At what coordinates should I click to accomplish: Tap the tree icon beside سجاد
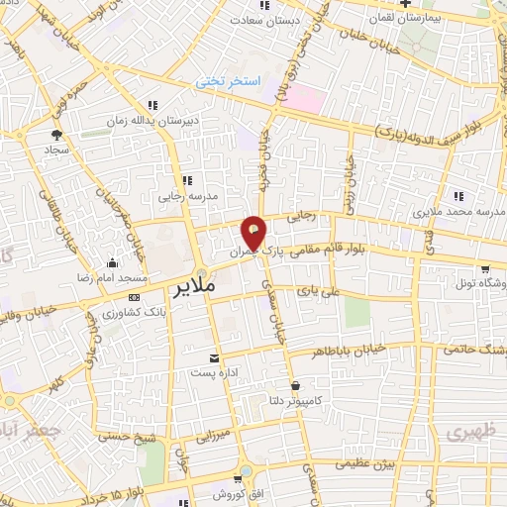tap(55, 132)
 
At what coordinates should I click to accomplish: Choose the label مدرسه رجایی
tap(186, 195)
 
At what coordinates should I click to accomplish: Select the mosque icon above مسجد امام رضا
tap(111, 262)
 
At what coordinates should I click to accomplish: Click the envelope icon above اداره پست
tap(214, 358)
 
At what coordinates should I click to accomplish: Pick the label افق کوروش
tap(219, 492)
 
